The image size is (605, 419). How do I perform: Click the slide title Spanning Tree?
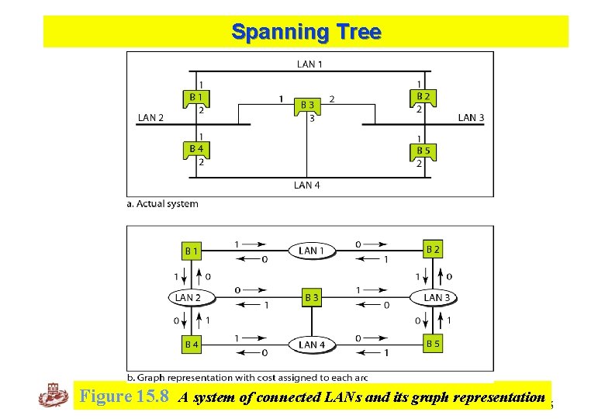[306, 33]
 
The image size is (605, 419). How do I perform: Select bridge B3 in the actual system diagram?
[308, 106]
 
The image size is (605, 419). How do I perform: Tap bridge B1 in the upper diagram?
[197, 99]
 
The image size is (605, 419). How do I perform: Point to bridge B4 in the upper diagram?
[197, 149]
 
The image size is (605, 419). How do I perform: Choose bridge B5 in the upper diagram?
[423, 151]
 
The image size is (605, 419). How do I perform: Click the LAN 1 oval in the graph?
[308, 250]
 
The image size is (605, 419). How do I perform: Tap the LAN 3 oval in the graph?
[432, 297]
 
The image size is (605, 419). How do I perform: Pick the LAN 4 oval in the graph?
[308, 344]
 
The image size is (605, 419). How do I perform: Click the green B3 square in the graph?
[310, 297]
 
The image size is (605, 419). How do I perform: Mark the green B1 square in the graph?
[191, 251]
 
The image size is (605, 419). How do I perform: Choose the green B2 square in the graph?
[433, 249]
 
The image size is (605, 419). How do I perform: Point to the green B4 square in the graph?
[191, 344]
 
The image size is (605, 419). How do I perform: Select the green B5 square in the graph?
[433, 343]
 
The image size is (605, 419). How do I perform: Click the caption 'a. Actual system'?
[163, 204]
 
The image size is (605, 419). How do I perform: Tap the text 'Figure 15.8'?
[125, 398]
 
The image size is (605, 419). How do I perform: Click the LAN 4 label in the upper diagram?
[307, 185]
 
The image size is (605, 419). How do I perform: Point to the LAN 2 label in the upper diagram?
[150, 118]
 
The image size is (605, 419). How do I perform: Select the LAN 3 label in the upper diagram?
[472, 118]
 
